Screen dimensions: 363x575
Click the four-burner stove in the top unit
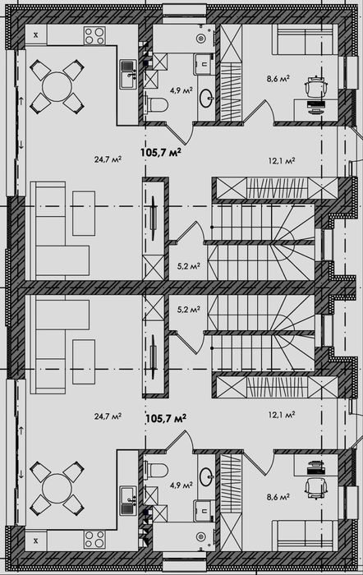[94, 36]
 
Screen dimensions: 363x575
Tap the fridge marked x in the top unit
[36, 35]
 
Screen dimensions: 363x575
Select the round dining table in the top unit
[57, 87]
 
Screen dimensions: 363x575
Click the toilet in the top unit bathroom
[157, 105]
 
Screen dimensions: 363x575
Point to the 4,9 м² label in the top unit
[181, 90]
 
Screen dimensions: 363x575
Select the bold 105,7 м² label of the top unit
[161, 153]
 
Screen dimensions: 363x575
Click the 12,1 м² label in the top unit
[282, 161]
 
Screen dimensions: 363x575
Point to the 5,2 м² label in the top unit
[188, 266]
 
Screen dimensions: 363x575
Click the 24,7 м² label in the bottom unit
[108, 416]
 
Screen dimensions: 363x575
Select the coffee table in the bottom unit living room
[84, 361]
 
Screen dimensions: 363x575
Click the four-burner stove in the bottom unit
[94, 540]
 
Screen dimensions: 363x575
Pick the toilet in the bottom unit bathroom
[157, 470]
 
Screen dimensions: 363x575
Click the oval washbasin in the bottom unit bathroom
[206, 477]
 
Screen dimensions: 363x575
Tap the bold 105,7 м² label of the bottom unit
[166, 417]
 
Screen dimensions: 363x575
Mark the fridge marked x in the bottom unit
[36, 540]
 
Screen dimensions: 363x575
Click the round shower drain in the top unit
[200, 38]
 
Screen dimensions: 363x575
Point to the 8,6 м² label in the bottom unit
[278, 497]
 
